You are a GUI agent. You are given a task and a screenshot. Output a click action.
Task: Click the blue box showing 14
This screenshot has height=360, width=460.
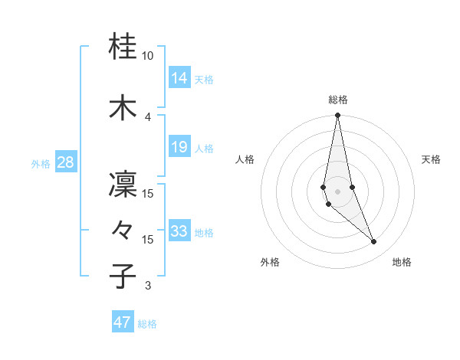[x=179, y=77]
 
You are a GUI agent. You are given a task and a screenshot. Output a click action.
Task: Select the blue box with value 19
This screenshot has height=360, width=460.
[x=179, y=147]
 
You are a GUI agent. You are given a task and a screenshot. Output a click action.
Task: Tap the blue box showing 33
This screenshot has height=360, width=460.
[x=179, y=231]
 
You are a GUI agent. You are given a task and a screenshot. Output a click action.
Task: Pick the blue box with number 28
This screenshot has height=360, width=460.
[x=65, y=162]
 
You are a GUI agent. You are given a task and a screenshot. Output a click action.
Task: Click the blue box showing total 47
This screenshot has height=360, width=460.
[x=123, y=322]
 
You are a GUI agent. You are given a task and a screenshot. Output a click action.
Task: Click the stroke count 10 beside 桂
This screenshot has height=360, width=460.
[x=148, y=56]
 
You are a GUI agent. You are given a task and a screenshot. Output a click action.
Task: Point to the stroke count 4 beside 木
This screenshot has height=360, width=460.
[x=148, y=116]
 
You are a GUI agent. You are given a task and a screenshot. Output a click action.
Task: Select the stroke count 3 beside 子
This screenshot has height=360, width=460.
[x=148, y=286]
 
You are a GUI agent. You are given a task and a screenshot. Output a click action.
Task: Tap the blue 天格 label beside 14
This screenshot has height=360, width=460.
[x=204, y=79]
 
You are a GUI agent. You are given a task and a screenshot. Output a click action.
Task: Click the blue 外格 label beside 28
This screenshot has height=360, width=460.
[x=41, y=163]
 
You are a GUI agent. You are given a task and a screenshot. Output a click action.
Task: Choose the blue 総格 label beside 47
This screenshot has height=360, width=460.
[x=147, y=324]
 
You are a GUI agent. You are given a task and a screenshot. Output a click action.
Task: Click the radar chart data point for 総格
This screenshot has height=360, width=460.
[x=337, y=116]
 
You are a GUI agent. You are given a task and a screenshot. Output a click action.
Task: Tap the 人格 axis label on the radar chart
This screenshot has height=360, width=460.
[x=245, y=159]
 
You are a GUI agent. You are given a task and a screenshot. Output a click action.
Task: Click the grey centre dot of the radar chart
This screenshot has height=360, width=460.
[x=337, y=191]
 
